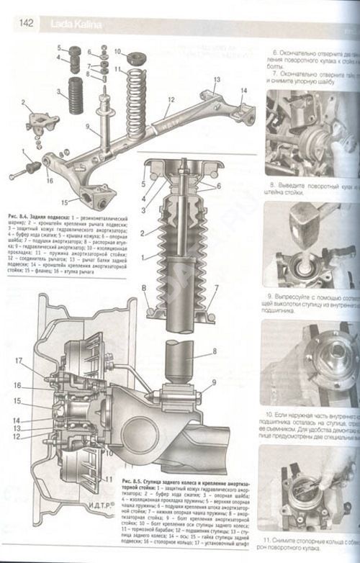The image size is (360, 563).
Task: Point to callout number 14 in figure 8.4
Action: (x=243, y=90)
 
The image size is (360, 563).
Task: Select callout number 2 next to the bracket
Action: (x=23, y=103)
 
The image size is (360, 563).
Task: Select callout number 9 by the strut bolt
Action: (x=207, y=391)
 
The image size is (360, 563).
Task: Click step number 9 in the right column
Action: (x=268, y=296)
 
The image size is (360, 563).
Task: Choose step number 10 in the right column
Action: (x=269, y=415)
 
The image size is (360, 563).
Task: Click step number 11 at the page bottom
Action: (x=268, y=540)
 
